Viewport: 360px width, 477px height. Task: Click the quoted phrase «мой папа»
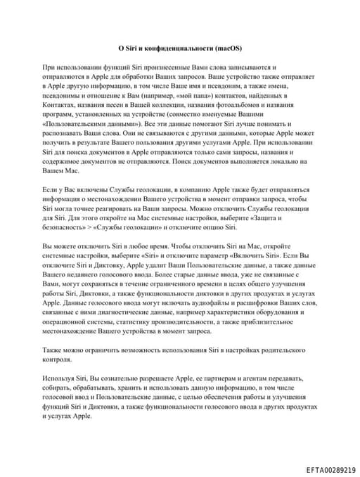click(x=171, y=94)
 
